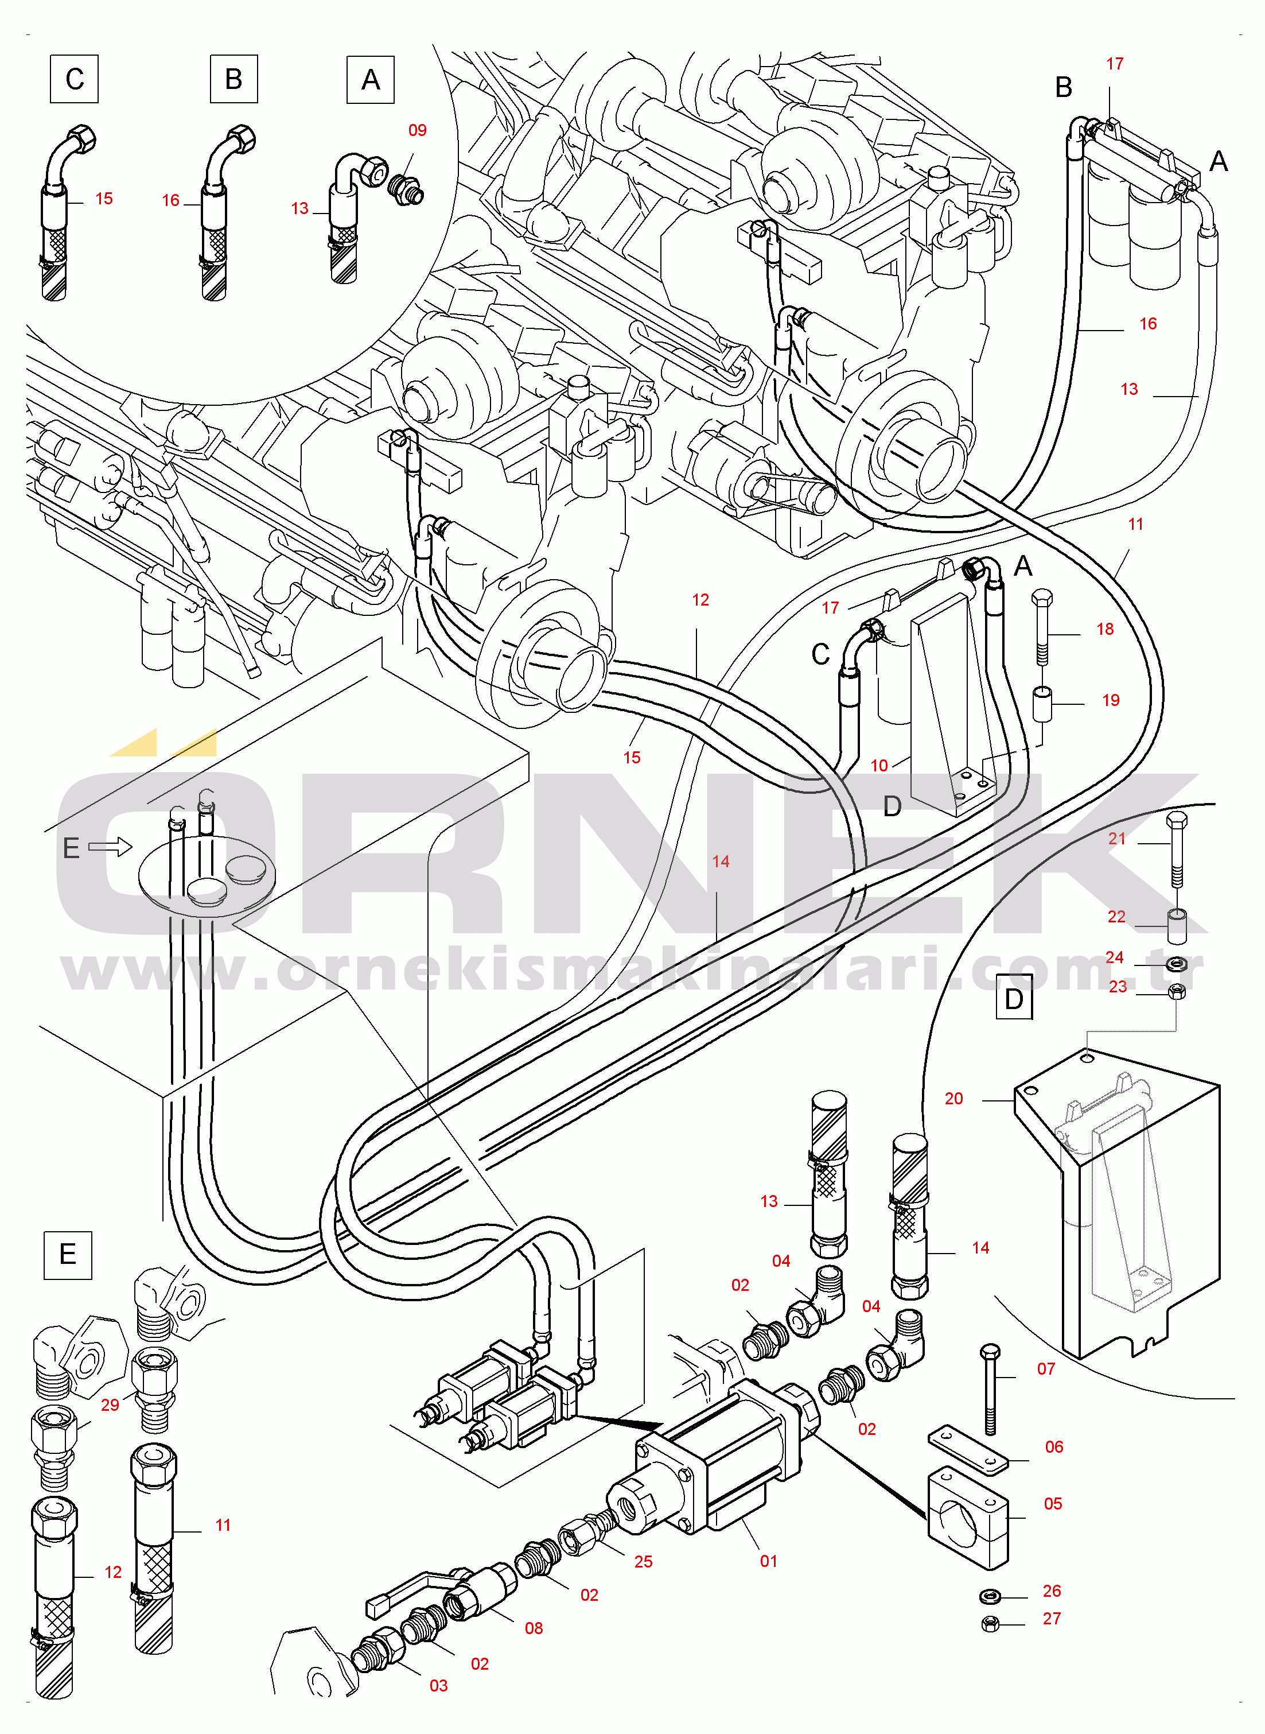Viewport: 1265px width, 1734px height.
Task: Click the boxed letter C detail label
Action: [74, 79]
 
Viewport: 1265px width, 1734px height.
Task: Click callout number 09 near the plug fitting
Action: [417, 130]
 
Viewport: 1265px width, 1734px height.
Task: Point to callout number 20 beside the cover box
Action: [953, 1098]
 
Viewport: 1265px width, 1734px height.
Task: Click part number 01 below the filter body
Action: [769, 1560]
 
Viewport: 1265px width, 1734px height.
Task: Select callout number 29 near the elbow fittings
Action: [110, 1404]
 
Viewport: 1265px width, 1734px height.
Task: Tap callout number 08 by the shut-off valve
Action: [534, 1628]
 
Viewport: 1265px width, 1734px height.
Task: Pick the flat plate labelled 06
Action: [968, 1449]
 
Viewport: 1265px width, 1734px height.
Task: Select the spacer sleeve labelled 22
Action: [1177, 925]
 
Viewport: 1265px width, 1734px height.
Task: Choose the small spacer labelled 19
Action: [1043, 704]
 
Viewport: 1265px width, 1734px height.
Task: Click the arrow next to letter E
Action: [110, 846]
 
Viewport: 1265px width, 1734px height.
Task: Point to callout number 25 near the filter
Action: [643, 1561]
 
